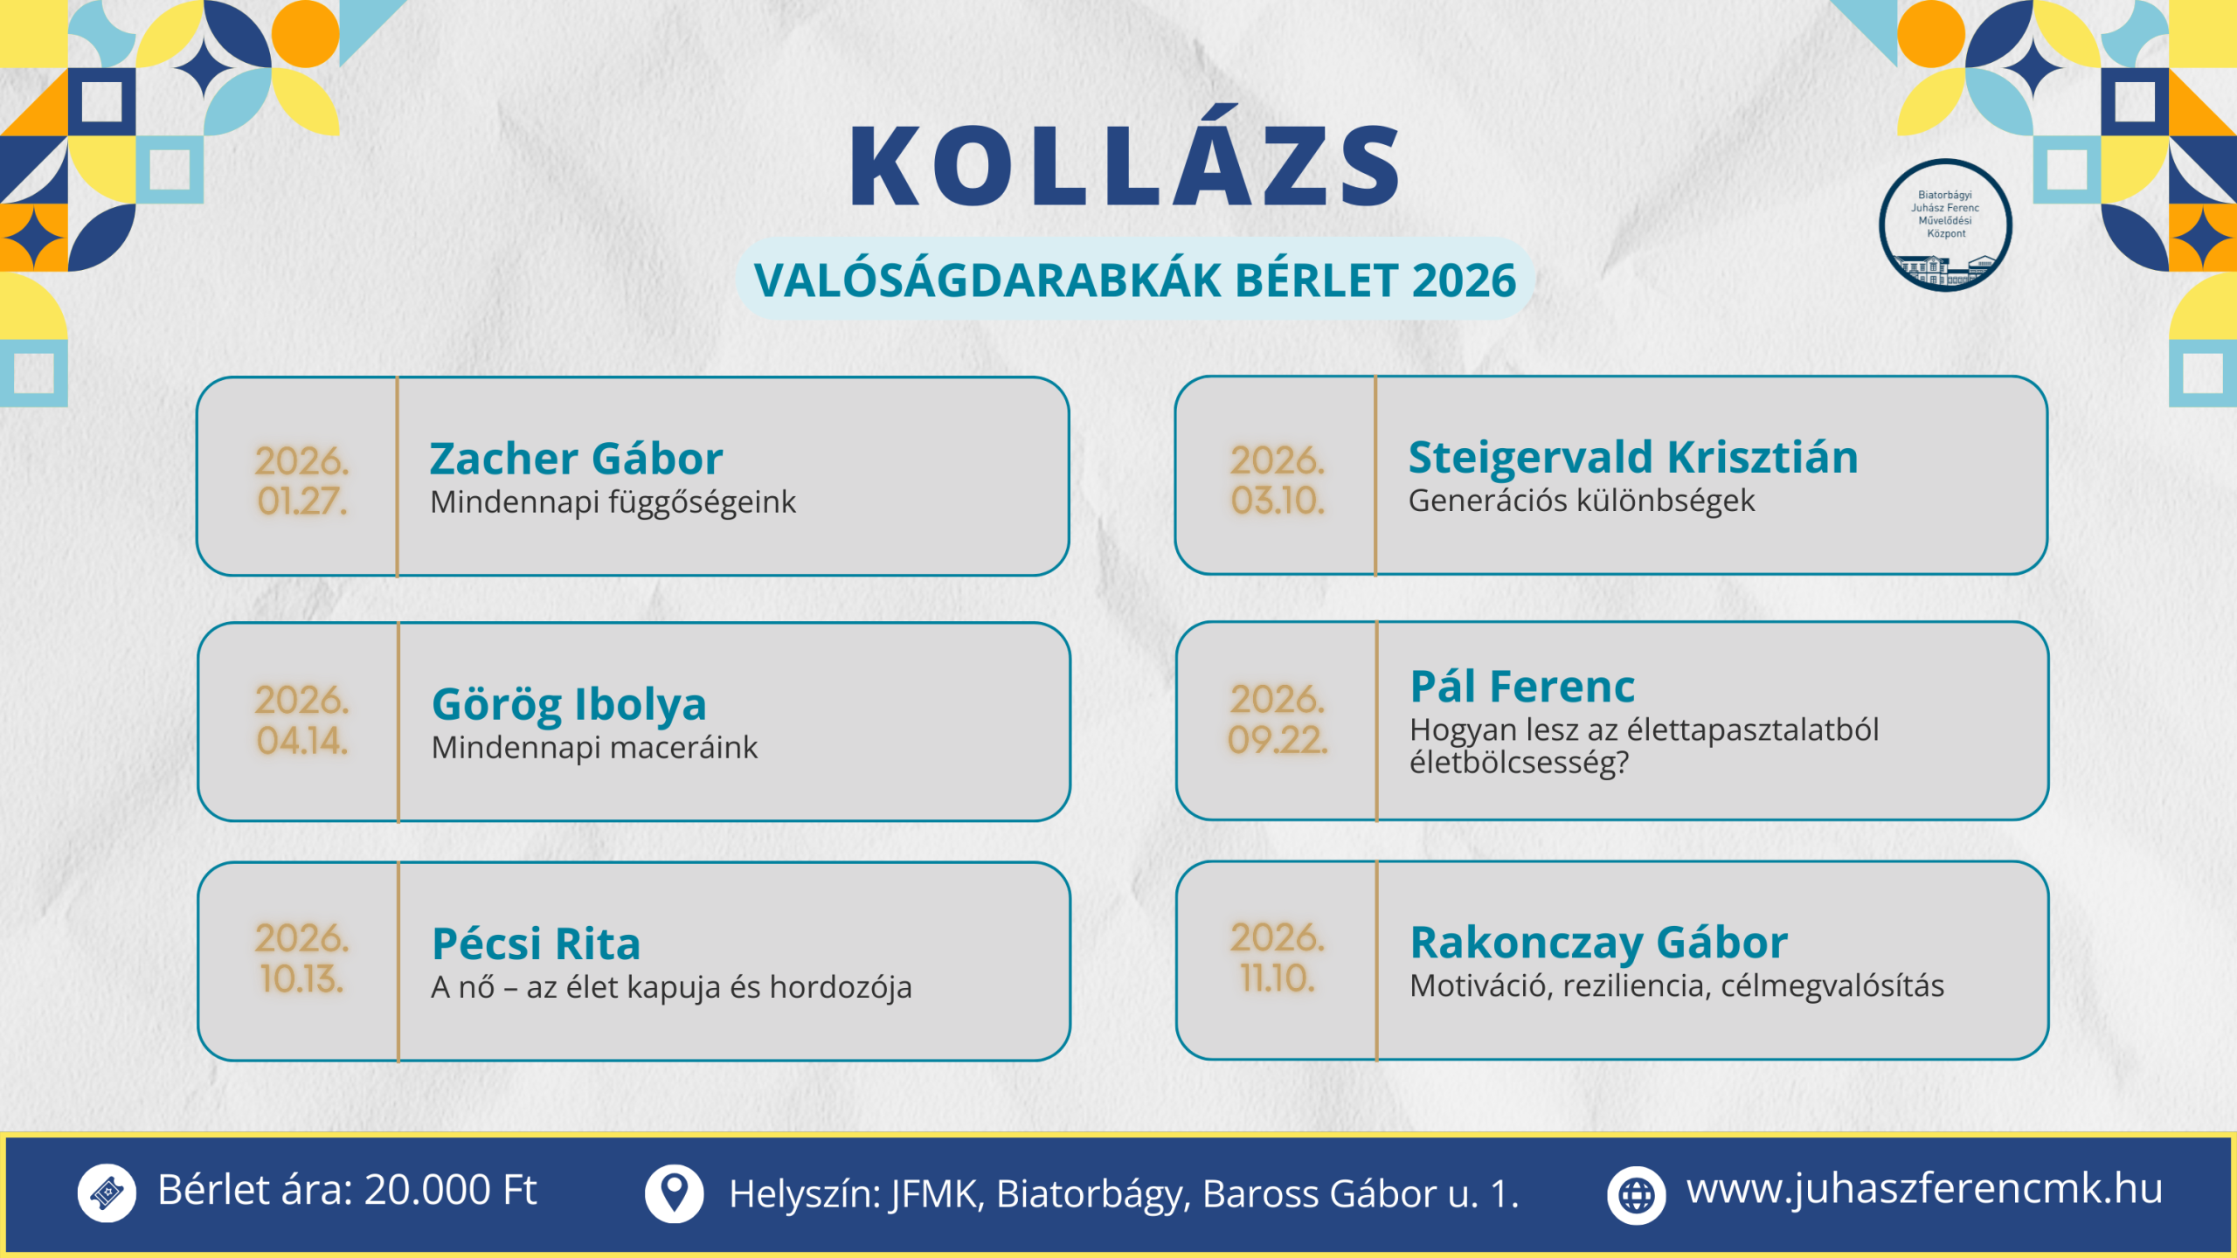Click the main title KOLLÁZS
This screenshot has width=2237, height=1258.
pyautogui.click(x=1125, y=166)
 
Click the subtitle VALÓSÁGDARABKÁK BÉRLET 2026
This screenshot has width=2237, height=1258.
pyautogui.click(x=1134, y=280)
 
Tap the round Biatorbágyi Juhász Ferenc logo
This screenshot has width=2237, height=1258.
pyautogui.click(x=1945, y=225)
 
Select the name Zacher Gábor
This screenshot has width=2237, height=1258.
pyautogui.click(x=576, y=459)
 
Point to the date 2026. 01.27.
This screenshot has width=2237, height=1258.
pyautogui.click(x=301, y=480)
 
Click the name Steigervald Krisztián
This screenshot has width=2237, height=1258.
pyautogui.click(x=1632, y=457)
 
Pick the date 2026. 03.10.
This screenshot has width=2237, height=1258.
pyautogui.click(x=1278, y=480)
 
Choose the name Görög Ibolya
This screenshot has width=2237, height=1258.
pyautogui.click(x=569, y=704)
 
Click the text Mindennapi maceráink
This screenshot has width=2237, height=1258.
pyautogui.click(x=594, y=748)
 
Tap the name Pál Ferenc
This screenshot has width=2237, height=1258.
pyautogui.click(x=1522, y=686)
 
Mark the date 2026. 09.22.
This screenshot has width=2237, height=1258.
pyautogui.click(x=1278, y=719)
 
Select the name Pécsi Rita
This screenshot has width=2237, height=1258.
pyautogui.click(x=536, y=943)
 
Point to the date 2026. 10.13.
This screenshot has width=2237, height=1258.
pyautogui.click(x=301, y=958)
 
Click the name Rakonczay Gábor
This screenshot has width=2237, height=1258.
pyautogui.click(x=1598, y=942)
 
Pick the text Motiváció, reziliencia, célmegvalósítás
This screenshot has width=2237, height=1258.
pyautogui.click(x=1676, y=985)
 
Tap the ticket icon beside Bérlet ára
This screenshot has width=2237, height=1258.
pyautogui.click(x=107, y=1192)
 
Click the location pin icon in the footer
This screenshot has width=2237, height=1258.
pyautogui.click(x=674, y=1193)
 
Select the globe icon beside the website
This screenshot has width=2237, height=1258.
pyautogui.click(x=1636, y=1194)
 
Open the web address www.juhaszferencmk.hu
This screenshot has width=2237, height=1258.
pyautogui.click(x=1924, y=1189)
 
